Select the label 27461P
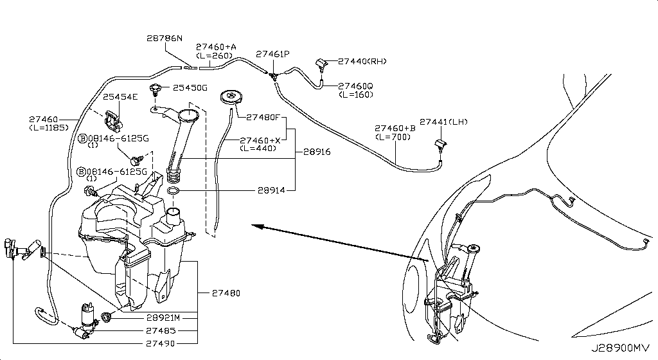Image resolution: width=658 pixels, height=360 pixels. (x=273, y=55)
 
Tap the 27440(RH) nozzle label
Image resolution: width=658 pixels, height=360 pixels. (x=363, y=62)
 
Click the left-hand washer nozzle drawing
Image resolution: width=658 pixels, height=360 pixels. (x=440, y=145)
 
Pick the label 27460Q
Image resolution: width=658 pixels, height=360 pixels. (x=355, y=85)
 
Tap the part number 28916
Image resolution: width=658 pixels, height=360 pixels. (x=317, y=152)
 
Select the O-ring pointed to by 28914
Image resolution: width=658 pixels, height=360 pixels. (x=173, y=192)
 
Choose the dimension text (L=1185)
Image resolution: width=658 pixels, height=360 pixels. (x=49, y=128)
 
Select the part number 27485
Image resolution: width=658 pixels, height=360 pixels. (x=161, y=330)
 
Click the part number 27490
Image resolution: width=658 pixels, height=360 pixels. (x=161, y=343)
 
